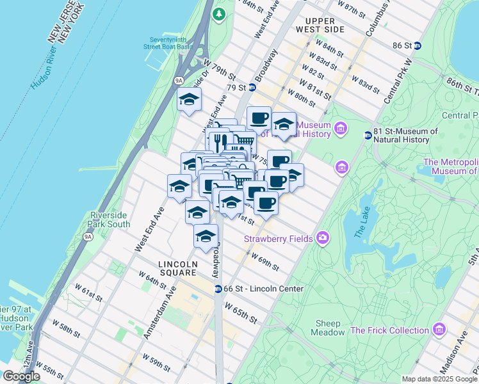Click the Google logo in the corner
[21, 376]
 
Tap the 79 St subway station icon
[252, 88]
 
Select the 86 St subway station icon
[417, 45]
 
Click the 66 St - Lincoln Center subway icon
[218, 289]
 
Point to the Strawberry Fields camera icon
[322, 239]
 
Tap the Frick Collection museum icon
[439, 330]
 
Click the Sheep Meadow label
[327, 328]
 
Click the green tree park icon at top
[219, 13]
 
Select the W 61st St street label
[88, 292]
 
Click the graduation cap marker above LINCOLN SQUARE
[206, 236]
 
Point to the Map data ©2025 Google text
[439, 379]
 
